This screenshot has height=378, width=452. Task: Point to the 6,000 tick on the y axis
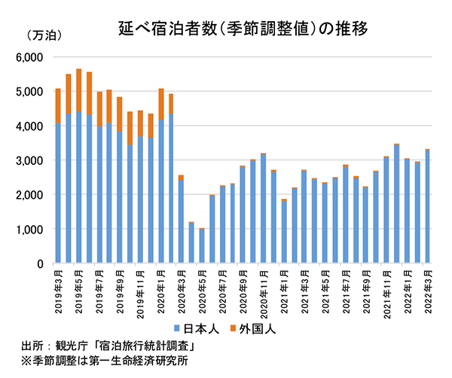(31, 57)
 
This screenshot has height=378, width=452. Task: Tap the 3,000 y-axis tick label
(31, 160)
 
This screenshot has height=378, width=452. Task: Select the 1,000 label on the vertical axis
(31, 230)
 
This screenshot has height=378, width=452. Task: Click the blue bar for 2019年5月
(79, 188)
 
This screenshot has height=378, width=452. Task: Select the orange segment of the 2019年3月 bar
(58, 106)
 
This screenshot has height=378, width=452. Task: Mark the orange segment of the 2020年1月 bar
(161, 105)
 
